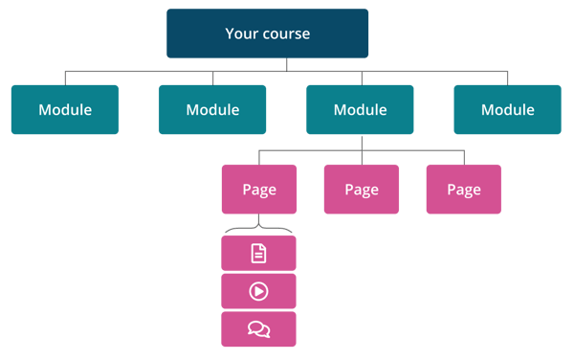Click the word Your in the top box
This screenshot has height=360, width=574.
click(241, 34)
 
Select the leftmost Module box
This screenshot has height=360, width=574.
click(65, 109)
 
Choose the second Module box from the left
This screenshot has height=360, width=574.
click(212, 109)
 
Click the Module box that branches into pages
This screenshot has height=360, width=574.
click(360, 109)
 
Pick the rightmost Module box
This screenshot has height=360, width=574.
click(507, 109)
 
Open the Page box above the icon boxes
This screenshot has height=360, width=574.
click(258, 189)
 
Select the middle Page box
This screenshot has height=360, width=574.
click(362, 189)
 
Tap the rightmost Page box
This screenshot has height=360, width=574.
click(463, 189)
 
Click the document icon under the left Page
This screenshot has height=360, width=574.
click(258, 254)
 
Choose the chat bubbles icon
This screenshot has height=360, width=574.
click(258, 329)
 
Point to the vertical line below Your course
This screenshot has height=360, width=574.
click(287, 64)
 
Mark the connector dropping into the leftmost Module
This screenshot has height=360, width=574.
click(65, 78)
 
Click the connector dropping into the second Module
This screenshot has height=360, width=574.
click(212, 78)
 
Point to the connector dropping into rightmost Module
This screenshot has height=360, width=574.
click(507, 78)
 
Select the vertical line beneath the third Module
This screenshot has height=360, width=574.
click(361, 142)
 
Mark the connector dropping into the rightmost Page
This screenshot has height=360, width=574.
click(463, 157)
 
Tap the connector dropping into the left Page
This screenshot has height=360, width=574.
click(258, 157)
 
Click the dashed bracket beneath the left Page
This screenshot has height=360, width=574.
click(258, 230)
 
